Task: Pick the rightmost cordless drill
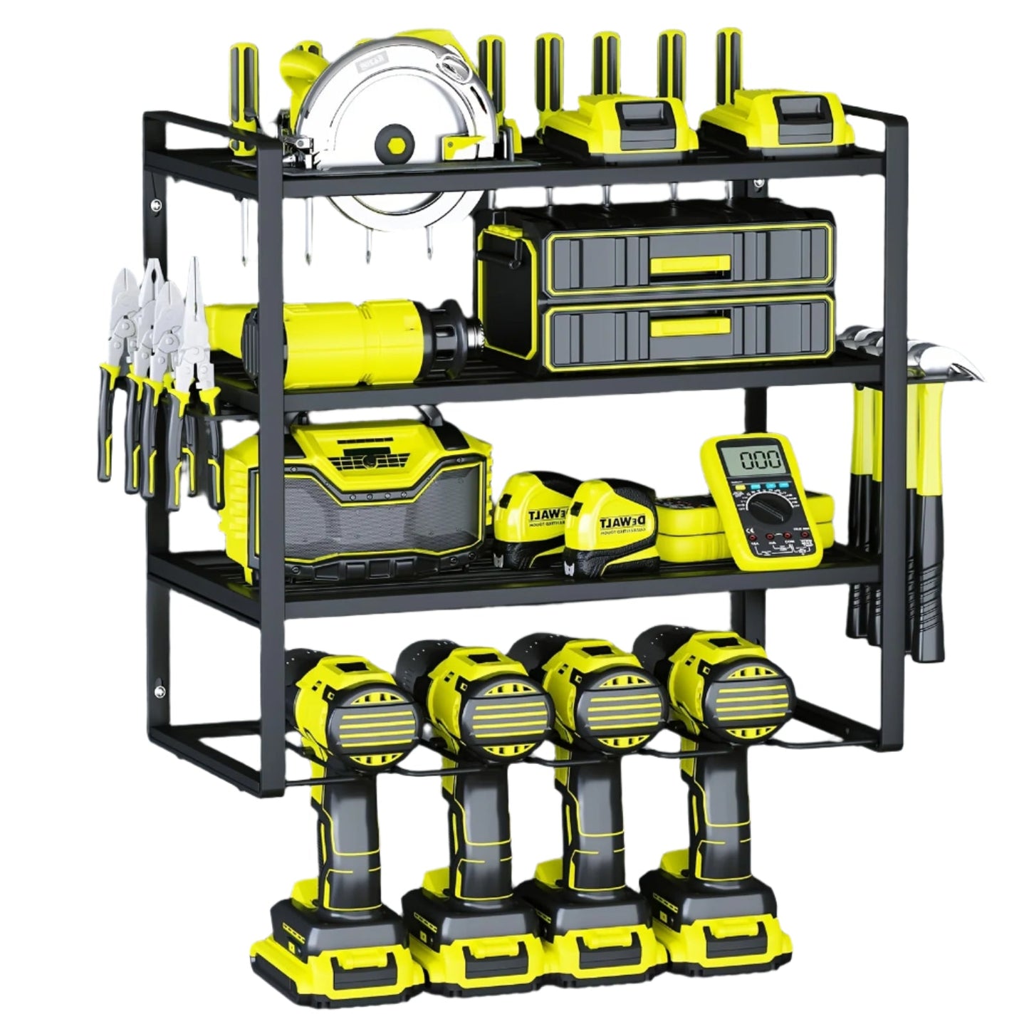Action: [x=719, y=783]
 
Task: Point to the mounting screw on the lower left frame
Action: [x=158, y=689]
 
